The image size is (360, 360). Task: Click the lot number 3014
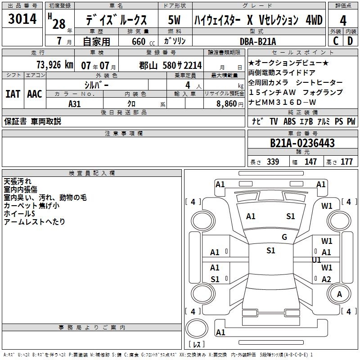[22, 19]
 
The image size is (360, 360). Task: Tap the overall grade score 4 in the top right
[343, 21]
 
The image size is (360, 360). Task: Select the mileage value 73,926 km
[55, 65]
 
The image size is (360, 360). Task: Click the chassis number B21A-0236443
[302, 143]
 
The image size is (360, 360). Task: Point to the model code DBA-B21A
[258, 41]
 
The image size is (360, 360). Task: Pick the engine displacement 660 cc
[143, 41]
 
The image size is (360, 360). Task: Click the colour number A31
[75, 104]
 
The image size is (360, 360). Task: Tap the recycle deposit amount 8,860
[227, 104]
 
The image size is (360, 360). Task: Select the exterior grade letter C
[336, 41]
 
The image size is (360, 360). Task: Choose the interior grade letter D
[350, 41]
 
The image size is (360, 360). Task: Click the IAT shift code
[13, 94]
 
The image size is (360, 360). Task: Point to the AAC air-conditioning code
[35, 94]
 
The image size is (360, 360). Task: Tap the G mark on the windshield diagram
[284, 237]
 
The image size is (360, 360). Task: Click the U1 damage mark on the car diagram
[316, 260]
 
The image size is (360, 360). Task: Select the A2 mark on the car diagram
[326, 279]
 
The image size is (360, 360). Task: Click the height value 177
[346, 162]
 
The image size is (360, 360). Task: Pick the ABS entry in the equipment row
[289, 121]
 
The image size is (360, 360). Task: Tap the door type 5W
[174, 20]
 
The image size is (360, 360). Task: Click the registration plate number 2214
[193, 66]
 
